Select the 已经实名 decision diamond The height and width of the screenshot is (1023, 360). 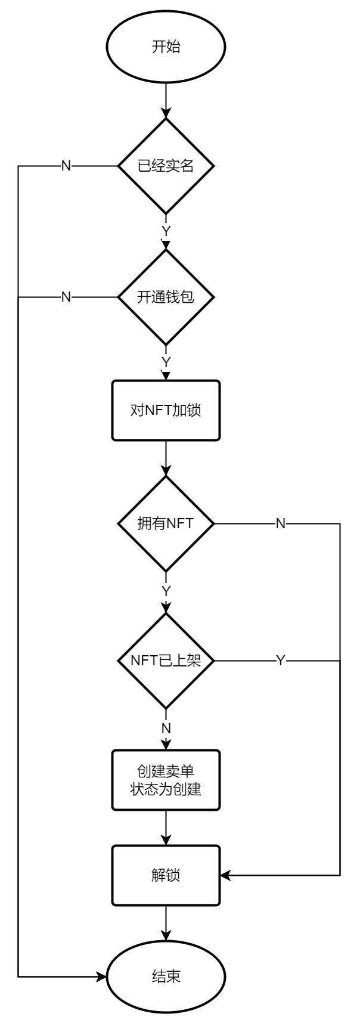tap(166, 166)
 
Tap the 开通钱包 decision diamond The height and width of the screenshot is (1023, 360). tap(166, 297)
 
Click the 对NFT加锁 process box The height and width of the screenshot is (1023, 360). tap(166, 410)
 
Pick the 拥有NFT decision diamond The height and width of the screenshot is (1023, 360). tap(166, 523)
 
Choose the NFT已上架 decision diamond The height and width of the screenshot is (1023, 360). tap(166, 661)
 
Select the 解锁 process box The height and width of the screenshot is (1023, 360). tap(166, 875)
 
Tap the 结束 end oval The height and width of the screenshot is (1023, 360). tap(166, 976)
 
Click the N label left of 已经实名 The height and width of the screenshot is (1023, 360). tap(66, 166)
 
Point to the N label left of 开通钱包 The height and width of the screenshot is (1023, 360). tap(66, 297)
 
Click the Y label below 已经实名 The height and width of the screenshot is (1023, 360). tap(166, 230)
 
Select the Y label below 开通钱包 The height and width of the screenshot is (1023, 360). tap(166, 362)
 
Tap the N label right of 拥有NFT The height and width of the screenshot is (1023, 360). tap(280, 523)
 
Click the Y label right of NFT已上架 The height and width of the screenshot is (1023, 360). tap(280, 661)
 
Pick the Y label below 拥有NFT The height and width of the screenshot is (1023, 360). tap(166, 590)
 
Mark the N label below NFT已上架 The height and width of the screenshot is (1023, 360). tap(166, 728)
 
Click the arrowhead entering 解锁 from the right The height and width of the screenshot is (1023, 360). tap(225, 875)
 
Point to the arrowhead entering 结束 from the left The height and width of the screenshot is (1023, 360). tap(102, 976)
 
